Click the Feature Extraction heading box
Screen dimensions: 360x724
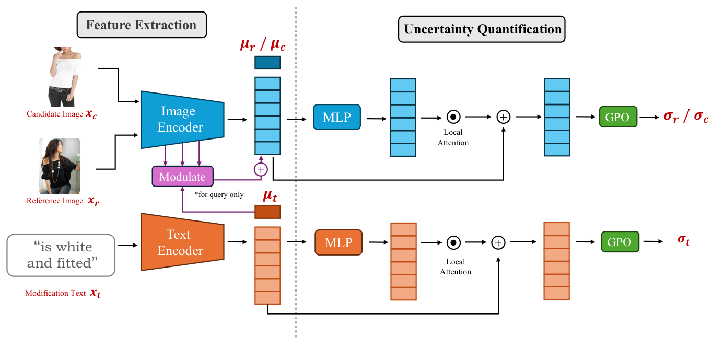[142, 25]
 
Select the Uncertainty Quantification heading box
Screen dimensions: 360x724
[482, 29]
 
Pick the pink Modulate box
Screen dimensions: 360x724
[182, 177]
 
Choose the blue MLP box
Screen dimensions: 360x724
[336, 117]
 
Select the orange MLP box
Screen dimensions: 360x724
[338, 242]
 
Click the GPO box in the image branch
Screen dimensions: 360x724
[618, 117]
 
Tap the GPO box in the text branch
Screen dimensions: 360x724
[620, 242]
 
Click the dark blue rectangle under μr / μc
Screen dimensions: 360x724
[267, 63]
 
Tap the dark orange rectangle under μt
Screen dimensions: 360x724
[267, 212]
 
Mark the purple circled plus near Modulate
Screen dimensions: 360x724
[260, 169]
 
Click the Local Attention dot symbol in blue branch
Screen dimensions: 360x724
[453, 117]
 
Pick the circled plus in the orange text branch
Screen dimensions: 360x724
[498, 242]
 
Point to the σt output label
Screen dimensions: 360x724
[683, 240]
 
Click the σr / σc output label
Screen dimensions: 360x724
[685, 117]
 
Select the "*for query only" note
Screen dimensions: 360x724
[219, 194]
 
